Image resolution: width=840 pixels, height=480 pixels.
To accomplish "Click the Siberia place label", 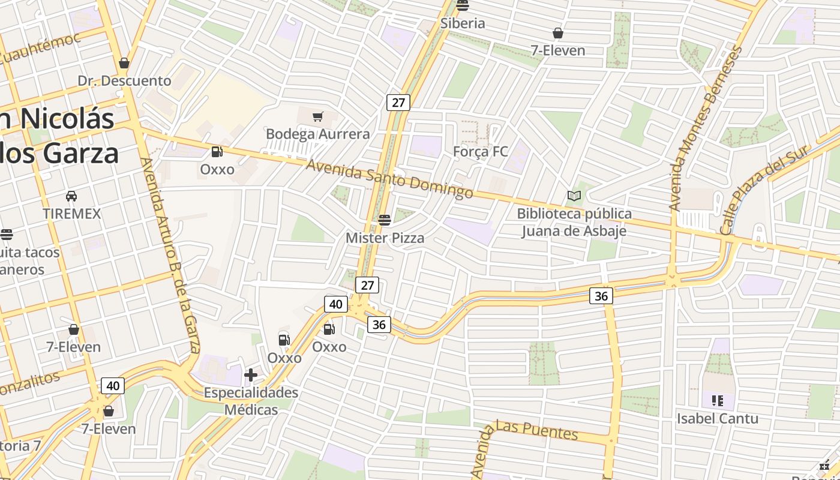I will pos(463,23).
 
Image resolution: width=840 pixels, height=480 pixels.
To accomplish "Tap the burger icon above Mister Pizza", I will pos(385,220).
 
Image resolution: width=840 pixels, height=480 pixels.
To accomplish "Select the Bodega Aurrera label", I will pos(317,134).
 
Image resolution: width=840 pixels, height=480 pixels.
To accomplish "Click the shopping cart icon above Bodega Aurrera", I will pos(318,116).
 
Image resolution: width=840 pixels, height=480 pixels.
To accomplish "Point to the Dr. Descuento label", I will pos(124,80).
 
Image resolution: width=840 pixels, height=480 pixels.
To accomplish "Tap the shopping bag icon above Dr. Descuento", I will pos(124,63).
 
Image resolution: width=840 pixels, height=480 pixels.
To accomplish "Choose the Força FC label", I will pos(480,152).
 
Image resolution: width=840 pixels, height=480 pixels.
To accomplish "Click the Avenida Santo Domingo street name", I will pos(389,178).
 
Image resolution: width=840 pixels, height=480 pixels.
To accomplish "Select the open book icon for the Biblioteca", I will pos(574,196).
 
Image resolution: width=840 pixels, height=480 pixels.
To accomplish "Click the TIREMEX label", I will pos(71,214).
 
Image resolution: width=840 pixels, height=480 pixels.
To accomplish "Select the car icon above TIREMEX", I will pos(71,196).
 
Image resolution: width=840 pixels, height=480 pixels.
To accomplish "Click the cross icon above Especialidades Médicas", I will pos(251,376).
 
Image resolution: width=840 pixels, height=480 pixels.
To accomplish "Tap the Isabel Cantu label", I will pos(718,418).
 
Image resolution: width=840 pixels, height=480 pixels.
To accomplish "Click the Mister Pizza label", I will pos(385,238).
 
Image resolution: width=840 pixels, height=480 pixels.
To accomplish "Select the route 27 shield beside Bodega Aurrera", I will pos(398,103).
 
